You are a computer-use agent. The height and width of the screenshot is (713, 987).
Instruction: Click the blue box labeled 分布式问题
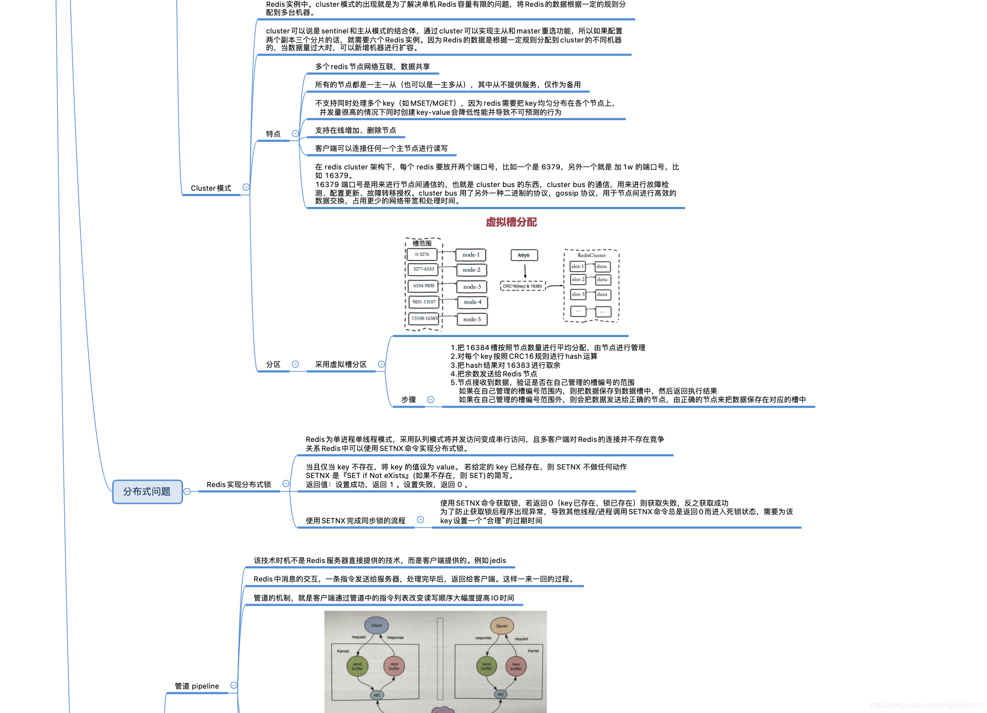pos(147,492)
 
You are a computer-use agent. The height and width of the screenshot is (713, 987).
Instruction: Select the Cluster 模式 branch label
pos(211,188)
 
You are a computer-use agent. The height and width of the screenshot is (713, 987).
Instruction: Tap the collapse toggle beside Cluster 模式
pos(246,187)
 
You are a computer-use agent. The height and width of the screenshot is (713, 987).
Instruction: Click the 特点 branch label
pos(273,134)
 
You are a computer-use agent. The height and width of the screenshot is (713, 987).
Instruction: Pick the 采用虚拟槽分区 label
pos(340,364)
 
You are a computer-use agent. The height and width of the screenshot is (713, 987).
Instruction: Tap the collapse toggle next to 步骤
pos(431,399)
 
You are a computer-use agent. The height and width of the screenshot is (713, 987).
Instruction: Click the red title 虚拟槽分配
pos(511,222)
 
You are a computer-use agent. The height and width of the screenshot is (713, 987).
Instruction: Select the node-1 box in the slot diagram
pos(471,255)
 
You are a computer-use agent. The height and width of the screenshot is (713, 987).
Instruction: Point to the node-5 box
pos(472,319)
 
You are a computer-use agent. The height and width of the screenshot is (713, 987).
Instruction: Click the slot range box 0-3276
pos(422,254)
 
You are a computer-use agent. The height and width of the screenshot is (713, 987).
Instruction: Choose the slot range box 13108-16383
pos(424,319)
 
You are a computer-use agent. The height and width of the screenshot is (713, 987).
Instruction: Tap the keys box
pos(524,255)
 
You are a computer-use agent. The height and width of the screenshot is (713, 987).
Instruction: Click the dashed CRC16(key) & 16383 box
pos(522,286)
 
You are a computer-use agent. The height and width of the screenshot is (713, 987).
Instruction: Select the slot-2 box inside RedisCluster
pos(578,280)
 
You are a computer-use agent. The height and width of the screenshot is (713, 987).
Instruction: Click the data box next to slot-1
pos(602,267)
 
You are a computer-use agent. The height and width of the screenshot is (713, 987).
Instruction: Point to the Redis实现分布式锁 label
pos(239,484)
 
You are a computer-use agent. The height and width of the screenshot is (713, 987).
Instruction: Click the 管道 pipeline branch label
pos(197,686)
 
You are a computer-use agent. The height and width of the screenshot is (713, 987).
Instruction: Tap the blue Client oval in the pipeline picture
pos(376,625)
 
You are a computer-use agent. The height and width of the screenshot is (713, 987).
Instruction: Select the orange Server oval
pos(502,626)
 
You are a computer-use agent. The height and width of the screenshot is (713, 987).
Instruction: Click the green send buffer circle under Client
pos(357,666)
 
